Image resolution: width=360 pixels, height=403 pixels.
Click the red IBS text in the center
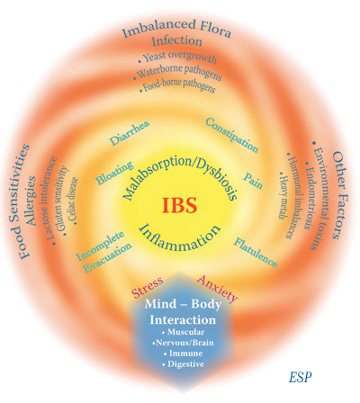179,205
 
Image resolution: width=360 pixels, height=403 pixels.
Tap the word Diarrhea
130,133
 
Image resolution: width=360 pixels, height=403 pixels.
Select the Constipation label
232,135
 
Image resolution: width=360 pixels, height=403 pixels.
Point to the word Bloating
114,173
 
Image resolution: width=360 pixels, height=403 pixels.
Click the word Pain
253,180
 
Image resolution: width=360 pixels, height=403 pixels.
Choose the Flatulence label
256,253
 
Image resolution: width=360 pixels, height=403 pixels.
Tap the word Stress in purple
148,287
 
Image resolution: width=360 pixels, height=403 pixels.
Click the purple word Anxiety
218,289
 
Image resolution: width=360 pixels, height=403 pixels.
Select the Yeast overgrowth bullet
177,58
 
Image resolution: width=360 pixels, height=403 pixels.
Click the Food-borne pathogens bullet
177,85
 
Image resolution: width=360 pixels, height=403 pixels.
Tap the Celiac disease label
73,201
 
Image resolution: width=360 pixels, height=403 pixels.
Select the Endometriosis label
308,195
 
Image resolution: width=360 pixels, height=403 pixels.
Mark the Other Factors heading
340,195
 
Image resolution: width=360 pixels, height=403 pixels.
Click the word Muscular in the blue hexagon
184,332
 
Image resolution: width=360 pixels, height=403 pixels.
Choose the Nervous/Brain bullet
183,343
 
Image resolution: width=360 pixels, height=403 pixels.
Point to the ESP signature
301,377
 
